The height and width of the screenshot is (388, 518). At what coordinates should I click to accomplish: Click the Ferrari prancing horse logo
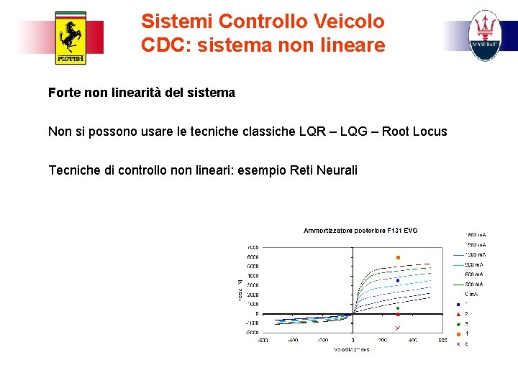71,38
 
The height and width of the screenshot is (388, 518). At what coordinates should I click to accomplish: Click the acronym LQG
353,131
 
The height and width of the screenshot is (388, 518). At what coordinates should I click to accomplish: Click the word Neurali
335,170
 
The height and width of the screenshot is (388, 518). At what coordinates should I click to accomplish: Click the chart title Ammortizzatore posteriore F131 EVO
360,231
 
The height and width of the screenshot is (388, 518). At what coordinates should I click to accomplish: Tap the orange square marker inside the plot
397,257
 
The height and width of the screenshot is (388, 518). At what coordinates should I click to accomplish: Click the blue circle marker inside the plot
397,280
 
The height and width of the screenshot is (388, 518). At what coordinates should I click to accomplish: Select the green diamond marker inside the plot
397,308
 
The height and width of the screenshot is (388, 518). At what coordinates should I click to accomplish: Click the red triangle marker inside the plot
397,315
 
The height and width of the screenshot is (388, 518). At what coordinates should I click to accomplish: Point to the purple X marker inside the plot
397,328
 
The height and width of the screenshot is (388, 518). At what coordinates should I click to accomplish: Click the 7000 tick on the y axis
254,247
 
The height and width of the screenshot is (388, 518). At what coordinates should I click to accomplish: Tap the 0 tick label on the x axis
353,340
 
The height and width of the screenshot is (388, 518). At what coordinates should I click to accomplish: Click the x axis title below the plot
352,350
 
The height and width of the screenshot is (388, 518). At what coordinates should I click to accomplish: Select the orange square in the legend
458,333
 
